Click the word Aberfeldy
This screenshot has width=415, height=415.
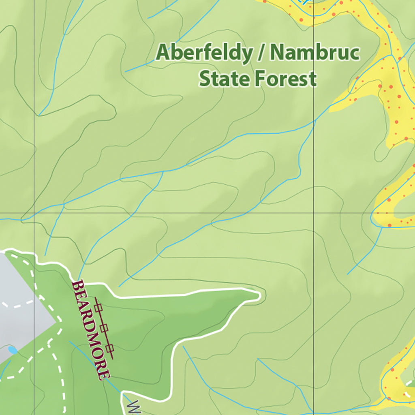click(x=204, y=53)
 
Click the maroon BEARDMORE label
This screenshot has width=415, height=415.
click(x=91, y=329)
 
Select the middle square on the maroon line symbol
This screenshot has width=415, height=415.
click(x=105, y=327)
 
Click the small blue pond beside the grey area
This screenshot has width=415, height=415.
click(x=12, y=350)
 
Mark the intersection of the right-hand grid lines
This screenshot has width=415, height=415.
click(x=314, y=213)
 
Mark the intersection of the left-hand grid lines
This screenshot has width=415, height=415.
click(x=34, y=213)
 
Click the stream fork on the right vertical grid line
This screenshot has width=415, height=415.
click(x=314, y=120)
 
